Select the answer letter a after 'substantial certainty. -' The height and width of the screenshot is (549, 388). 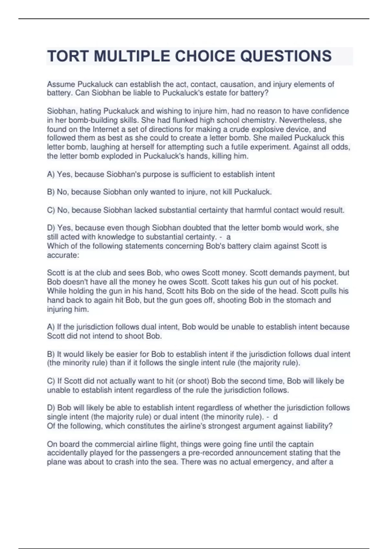(x=229, y=237)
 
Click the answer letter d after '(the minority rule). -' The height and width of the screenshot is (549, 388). (x=275, y=417)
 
